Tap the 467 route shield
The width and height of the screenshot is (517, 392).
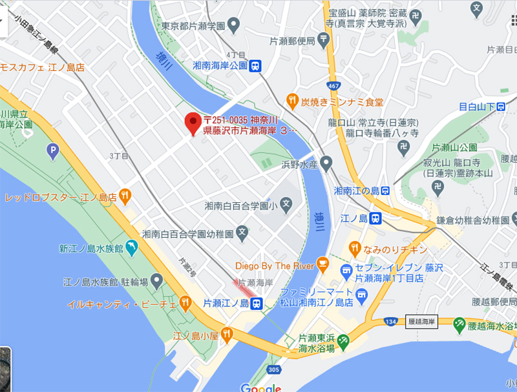333,85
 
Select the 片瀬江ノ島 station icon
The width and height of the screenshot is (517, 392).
257,303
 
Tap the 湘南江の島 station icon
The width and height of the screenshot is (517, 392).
385,191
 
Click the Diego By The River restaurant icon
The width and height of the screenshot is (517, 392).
325,265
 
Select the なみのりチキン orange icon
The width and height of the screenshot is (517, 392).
355,248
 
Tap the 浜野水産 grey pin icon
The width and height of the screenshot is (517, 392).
326,163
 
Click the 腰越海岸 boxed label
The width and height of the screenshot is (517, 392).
422,321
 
